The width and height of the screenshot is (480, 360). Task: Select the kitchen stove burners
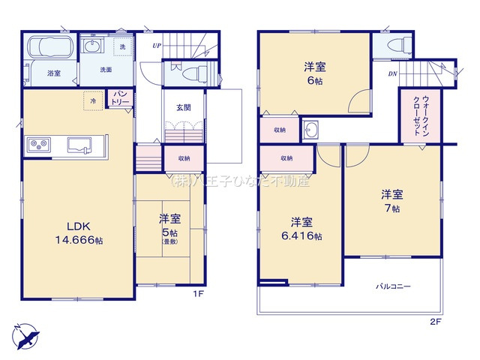point(38,144)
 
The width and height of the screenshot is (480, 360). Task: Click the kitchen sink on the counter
point(79,142)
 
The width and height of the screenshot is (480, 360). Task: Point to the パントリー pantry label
point(119,97)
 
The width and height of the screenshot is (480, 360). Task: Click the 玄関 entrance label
point(183,107)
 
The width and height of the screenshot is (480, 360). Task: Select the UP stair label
point(156,45)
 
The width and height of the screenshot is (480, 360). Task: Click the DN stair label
point(392,73)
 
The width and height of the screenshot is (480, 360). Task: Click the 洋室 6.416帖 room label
point(301,229)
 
